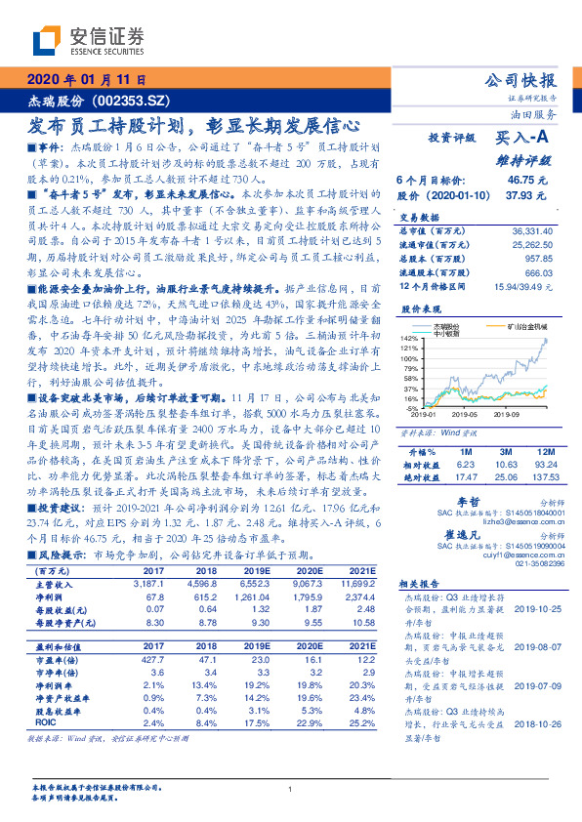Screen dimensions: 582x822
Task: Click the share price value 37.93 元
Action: click(x=526, y=194)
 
